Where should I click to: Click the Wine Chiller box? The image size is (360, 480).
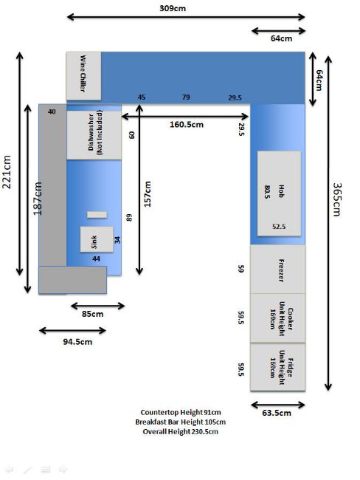point(84,76)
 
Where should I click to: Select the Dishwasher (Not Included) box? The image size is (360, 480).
point(94,135)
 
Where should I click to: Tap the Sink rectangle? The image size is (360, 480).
point(97,239)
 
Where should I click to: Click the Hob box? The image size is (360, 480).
point(279,193)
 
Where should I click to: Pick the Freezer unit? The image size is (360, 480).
point(277,269)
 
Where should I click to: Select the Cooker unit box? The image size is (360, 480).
point(277,318)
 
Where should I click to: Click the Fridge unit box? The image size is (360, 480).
point(277,367)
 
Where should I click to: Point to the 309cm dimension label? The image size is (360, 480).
point(173,8)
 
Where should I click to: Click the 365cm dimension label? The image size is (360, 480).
point(336,199)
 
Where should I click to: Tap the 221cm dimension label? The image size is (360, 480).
point(7,172)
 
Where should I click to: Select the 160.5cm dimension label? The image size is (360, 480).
point(187,125)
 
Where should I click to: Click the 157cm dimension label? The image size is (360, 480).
point(148,194)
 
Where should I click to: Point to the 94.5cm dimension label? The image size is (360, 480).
point(77,342)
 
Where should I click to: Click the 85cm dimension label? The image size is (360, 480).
point(93,314)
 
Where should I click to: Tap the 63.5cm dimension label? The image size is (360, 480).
point(277,413)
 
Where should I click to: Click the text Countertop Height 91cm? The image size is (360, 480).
point(181,412)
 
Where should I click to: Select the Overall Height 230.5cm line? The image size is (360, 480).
point(181,432)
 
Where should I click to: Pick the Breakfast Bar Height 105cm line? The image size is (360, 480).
point(181,422)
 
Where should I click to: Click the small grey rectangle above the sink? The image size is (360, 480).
point(97,215)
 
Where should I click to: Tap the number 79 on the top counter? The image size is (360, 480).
point(186,97)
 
